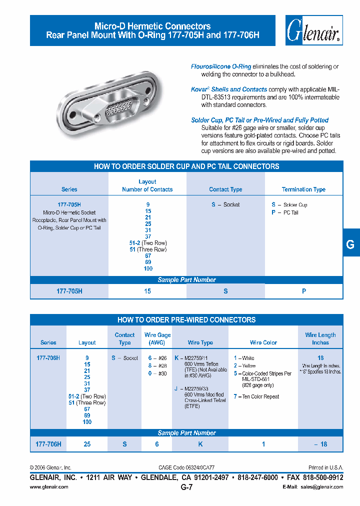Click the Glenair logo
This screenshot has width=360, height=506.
314,30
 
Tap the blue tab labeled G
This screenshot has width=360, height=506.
350,244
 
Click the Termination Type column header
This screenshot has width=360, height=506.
303,189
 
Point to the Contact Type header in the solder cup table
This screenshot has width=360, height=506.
225,189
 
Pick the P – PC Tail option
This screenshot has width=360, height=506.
285,212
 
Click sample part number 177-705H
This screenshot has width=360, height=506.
69,291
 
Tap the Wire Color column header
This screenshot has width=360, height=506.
263,342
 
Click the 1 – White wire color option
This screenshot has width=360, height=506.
244,358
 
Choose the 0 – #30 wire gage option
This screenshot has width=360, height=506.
156,373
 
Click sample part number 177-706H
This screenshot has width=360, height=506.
48,444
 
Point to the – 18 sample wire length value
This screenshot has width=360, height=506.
320,444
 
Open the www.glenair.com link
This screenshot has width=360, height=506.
49,487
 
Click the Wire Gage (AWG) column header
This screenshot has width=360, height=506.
157,338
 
